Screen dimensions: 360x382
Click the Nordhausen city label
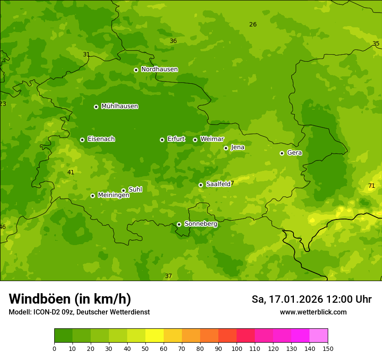point(159,69)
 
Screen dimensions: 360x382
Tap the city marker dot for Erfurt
point(162,140)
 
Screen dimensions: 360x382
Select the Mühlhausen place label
point(119,106)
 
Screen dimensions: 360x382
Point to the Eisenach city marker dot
point(82,140)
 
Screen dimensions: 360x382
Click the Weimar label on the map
point(212,139)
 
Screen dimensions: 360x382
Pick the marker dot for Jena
point(226,148)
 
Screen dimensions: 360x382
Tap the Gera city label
point(294,153)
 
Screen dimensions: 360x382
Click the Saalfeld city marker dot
point(201,185)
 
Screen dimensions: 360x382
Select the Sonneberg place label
point(201,224)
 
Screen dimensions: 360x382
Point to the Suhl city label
point(135,190)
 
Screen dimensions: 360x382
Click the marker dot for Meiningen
point(92,196)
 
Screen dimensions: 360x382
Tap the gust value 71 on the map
point(372,186)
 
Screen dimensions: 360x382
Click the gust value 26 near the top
point(253,24)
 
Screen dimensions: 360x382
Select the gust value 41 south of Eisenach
point(71,172)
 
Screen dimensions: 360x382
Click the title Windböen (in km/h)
point(70,299)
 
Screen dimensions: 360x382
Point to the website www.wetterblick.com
point(313,312)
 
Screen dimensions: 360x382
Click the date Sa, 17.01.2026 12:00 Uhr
point(311,299)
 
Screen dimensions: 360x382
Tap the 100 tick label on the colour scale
point(237,348)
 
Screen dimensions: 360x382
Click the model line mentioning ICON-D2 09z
point(79,312)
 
